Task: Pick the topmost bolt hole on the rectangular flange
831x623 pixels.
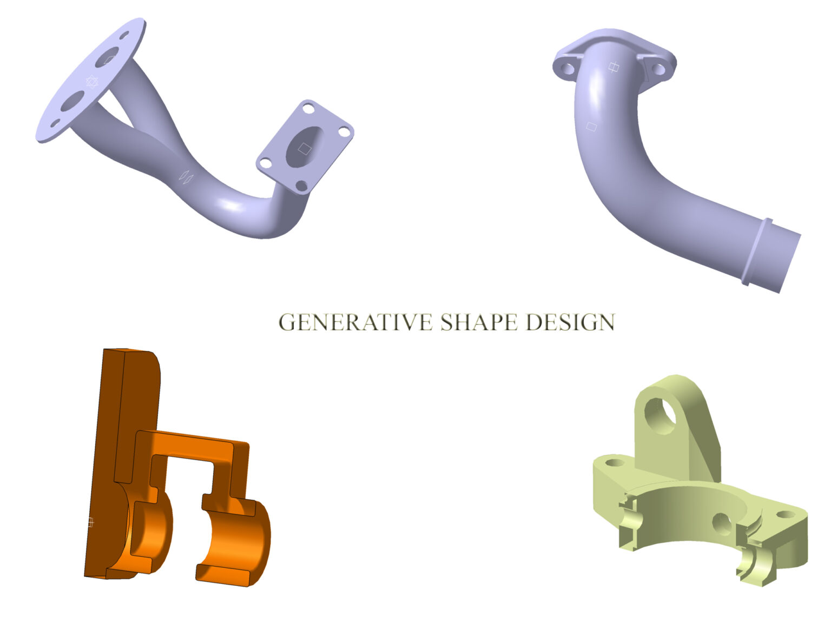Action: point(308,109)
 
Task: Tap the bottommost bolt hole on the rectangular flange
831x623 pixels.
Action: point(301,186)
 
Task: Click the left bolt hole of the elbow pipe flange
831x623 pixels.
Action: point(568,69)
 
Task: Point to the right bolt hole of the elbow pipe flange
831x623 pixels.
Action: point(658,69)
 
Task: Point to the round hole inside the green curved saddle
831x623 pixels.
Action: point(722,523)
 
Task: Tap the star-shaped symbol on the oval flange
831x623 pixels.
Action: point(91,81)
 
